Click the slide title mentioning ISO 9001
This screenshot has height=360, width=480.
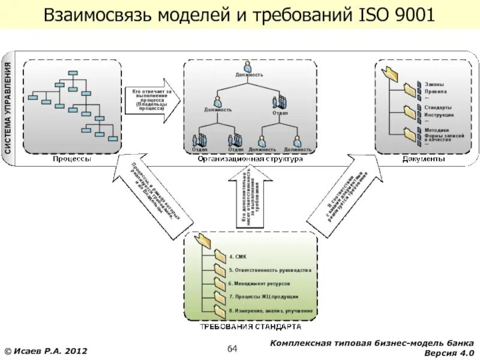coord(239,15)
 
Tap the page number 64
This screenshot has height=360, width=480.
coord(233,349)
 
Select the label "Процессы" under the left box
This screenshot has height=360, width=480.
coord(71,159)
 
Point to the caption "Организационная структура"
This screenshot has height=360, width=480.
coord(250,159)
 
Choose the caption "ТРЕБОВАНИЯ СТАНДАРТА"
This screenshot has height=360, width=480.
coord(250,328)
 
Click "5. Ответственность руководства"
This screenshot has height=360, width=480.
coord(270,271)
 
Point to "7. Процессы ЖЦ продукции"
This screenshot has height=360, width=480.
coord(263,297)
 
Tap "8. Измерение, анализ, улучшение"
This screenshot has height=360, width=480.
coord(271,311)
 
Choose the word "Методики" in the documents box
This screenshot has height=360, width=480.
coord(437,130)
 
